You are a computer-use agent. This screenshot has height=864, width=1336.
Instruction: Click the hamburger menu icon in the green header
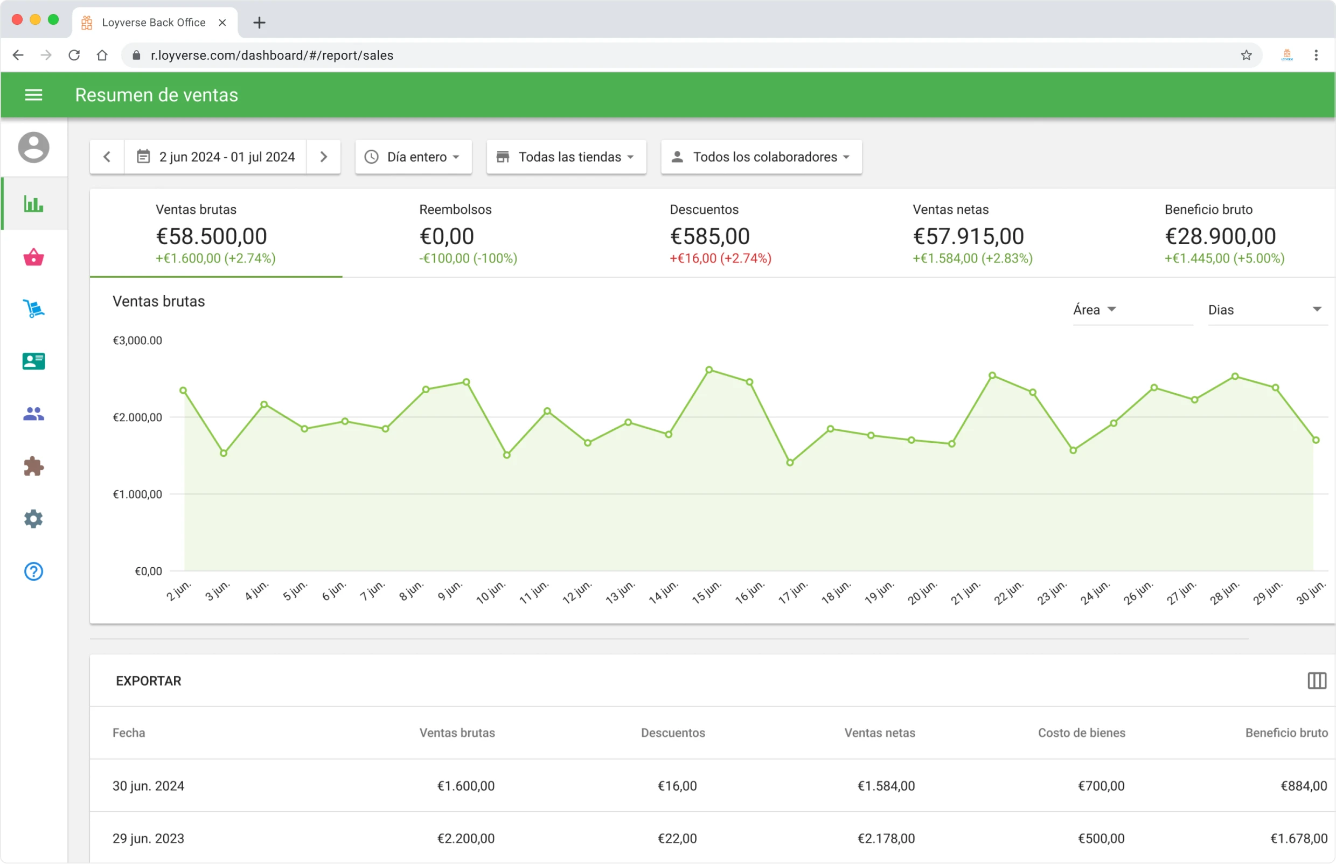33,95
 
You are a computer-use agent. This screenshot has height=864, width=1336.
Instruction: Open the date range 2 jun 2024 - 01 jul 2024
217,157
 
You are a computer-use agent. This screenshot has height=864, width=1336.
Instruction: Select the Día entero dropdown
414,157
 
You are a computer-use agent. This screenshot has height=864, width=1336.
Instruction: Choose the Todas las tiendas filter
566,157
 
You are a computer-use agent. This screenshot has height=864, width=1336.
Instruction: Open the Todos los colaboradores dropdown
761,157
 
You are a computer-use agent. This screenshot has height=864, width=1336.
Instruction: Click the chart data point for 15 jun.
709,370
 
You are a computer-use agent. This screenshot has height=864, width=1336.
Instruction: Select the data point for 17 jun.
790,463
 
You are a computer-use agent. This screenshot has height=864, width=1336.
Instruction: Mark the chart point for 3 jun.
224,454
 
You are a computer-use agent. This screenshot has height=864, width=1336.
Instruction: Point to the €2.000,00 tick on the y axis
137,417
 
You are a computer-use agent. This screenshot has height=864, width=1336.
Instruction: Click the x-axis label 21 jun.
965,593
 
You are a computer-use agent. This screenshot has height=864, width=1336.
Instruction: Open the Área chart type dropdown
1095,310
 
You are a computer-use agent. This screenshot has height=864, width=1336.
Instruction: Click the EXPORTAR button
148,681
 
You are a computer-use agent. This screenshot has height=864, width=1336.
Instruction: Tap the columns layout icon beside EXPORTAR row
1317,681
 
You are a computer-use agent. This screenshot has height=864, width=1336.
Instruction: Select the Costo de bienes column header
1081,733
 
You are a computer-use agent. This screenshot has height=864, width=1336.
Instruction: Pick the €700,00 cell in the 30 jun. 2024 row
1101,786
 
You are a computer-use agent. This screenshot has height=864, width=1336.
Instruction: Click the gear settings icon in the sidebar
33,519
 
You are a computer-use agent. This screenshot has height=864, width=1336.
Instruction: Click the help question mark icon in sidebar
33,572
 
